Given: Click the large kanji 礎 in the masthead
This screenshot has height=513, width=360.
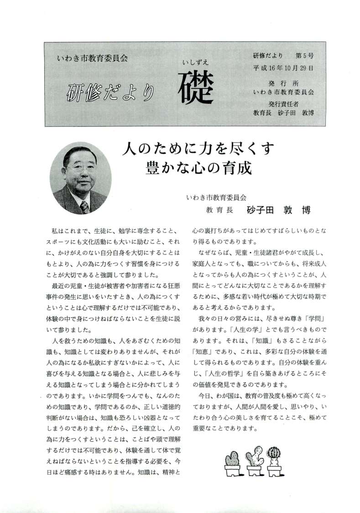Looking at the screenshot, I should tap(196, 87).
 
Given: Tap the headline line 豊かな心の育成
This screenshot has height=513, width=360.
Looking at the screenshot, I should tap(198, 167).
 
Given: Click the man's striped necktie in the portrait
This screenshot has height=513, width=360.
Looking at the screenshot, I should tap(84, 207).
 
